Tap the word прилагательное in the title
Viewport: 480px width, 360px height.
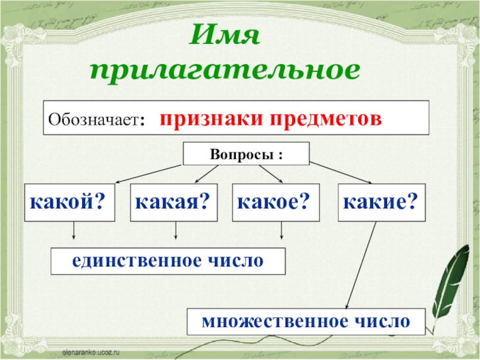[226, 71]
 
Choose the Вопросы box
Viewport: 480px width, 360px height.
[246, 154]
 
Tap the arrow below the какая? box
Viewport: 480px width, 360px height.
[176, 232]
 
